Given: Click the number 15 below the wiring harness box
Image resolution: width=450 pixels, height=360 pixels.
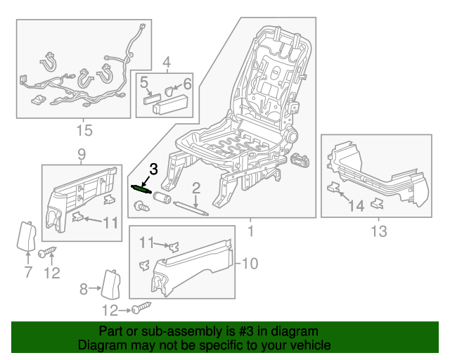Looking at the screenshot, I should click(x=84, y=131).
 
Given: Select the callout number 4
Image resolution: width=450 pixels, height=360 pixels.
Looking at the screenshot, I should click(x=167, y=65).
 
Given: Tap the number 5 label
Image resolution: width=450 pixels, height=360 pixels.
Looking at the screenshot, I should click(x=144, y=85).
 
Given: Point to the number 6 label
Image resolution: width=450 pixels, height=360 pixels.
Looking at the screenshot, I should click(x=188, y=84).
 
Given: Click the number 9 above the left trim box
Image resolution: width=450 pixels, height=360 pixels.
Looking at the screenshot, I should click(x=82, y=154).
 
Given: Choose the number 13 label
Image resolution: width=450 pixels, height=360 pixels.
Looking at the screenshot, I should click(x=378, y=231).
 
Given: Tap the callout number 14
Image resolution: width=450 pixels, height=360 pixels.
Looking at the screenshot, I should click(x=357, y=205).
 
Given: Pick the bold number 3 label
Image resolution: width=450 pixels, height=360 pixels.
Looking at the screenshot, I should click(x=154, y=169).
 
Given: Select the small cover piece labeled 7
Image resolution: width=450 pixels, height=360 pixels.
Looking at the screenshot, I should click(x=27, y=236).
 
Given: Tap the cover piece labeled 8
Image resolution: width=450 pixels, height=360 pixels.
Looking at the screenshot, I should click(x=110, y=284).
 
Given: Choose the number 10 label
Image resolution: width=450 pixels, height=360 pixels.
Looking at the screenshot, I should click(x=251, y=264).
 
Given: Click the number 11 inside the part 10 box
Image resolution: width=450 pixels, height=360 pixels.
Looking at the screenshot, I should click(x=146, y=243).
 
